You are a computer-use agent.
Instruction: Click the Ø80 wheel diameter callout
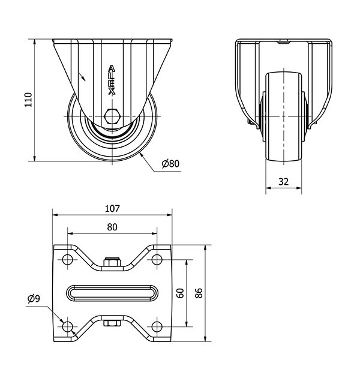170,163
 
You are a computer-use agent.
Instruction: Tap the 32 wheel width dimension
284,181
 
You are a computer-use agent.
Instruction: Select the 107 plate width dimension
112,209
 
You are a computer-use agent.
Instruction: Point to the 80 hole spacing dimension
112,227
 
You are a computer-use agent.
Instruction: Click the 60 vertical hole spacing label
179,292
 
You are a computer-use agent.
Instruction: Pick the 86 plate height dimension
199,293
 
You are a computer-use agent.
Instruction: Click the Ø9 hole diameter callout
34,298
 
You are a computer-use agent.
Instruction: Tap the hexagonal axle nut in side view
112,116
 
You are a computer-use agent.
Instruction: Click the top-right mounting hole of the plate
157,260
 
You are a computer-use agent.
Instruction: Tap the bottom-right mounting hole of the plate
157,326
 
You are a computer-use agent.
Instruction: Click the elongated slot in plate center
112,293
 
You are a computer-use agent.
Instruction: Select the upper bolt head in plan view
112,262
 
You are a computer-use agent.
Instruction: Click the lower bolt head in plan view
112,323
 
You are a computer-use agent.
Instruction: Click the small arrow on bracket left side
83,77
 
